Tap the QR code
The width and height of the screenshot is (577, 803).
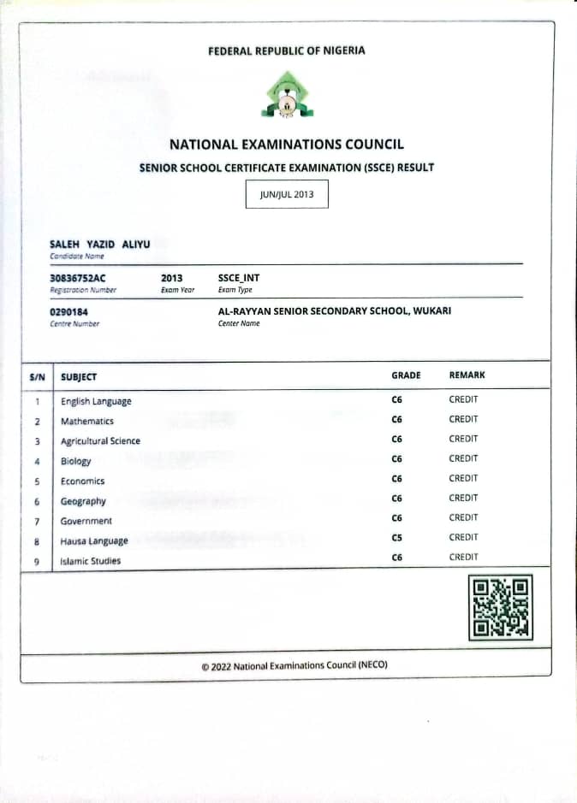(x=501, y=607)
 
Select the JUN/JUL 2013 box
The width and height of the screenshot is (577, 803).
(x=287, y=194)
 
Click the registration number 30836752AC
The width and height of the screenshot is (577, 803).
(x=78, y=278)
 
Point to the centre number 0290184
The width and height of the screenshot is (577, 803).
(x=69, y=312)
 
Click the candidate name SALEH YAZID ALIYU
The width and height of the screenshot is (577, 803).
(x=100, y=245)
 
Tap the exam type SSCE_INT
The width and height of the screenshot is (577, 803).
(x=238, y=278)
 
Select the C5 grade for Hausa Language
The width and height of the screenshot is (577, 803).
(x=396, y=537)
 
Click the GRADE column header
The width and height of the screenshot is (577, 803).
(x=406, y=375)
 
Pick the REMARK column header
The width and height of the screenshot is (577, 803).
(x=467, y=375)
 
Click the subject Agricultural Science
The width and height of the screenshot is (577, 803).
(x=100, y=441)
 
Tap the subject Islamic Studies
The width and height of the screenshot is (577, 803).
(x=91, y=561)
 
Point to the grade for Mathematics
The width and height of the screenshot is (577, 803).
(x=396, y=420)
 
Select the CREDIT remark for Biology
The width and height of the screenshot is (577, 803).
(x=463, y=458)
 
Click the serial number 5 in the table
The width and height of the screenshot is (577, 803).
(x=37, y=481)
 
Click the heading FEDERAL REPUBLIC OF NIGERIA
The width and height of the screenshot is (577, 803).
(x=287, y=50)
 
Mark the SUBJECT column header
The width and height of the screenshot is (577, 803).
(x=79, y=376)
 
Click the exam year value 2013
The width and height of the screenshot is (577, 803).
(x=171, y=278)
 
